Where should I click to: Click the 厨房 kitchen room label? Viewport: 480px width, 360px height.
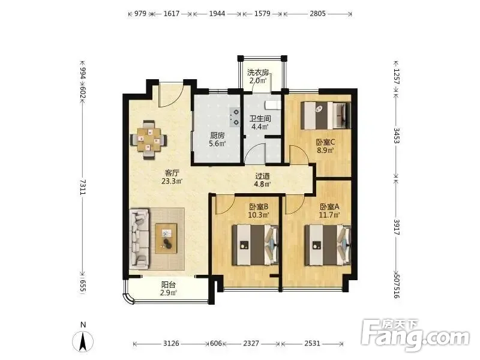coord(217,135)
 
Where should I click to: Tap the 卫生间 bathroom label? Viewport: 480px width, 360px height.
coord(260,118)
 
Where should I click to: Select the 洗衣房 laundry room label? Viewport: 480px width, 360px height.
coord(258,73)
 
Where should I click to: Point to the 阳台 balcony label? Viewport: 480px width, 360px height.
coord(169,284)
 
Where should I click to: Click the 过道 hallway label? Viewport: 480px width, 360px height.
coord(263,176)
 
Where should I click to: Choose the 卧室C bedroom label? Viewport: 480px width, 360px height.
coord(325,142)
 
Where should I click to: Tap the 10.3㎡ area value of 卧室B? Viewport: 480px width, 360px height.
coord(259,215)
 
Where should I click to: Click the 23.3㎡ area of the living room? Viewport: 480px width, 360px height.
coord(172,181)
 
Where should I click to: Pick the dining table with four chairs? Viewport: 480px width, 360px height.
coord(149,140)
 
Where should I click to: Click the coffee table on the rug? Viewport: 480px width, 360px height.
coord(166,238)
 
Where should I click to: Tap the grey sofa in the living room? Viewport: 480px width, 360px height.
coord(140,239)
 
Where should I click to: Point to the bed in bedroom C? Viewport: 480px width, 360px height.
coord(325,116)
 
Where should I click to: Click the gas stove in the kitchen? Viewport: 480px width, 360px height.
coord(235,117)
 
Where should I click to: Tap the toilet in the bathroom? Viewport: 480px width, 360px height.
coord(273,105)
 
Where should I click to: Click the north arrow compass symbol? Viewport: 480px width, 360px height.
coord(83,341)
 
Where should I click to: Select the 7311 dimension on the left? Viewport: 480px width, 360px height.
coord(83,187)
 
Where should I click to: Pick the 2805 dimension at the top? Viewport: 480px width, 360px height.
coord(317,13)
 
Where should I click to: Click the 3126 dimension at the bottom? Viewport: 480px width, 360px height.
coord(171,343)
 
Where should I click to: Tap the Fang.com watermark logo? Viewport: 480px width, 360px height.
coord(415,335)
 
